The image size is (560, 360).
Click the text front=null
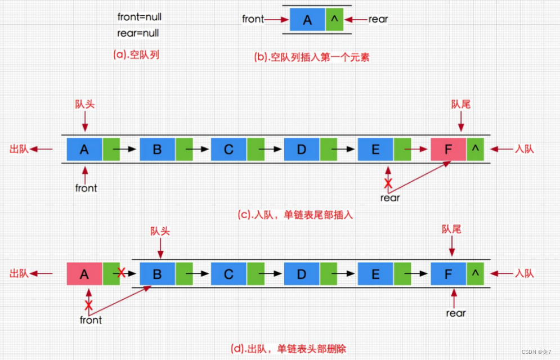(x=140, y=17)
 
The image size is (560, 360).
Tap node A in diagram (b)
(x=307, y=20)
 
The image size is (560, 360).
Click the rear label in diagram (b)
(x=378, y=20)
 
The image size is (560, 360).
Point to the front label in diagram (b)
(x=253, y=20)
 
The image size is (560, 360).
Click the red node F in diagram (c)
(x=448, y=149)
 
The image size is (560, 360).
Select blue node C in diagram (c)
(x=229, y=149)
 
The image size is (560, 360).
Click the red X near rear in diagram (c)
(x=388, y=183)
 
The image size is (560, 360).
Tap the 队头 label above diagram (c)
(x=84, y=105)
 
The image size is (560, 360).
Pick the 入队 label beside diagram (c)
(x=524, y=149)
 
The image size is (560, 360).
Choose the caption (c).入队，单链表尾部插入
(x=296, y=215)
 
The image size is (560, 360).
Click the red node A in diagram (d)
(x=84, y=274)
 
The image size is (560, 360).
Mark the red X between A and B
(x=120, y=273)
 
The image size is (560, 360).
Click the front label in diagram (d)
(x=91, y=320)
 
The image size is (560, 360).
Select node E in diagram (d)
(x=375, y=274)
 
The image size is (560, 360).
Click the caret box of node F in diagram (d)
(x=476, y=274)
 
